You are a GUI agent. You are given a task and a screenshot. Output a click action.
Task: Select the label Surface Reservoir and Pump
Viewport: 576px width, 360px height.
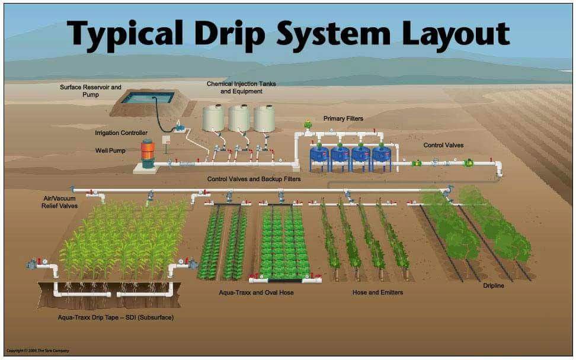tap(90, 91)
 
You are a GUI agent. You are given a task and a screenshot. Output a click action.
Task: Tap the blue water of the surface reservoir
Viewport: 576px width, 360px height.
tap(148, 98)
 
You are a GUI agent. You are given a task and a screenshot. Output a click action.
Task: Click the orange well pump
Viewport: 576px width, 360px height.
tap(148, 154)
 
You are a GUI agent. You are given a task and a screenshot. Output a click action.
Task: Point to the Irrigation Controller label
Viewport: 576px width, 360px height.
tap(121, 133)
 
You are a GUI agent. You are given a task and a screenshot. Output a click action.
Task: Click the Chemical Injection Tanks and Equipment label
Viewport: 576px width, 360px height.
tap(241, 88)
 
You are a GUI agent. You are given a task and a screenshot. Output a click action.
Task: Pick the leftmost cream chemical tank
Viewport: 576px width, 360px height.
tap(213, 118)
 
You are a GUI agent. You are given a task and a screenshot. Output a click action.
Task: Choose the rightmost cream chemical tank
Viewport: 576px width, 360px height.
tap(264, 118)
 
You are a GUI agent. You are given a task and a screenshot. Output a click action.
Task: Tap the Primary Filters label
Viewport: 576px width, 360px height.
tap(343, 118)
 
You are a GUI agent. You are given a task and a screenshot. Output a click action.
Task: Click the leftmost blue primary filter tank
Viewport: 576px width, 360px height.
tap(319, 159)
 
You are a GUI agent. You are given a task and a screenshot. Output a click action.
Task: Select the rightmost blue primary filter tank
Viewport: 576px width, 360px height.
tap(382, 159)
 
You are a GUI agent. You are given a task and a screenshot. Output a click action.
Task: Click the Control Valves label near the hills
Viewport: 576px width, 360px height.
tap(443, 145)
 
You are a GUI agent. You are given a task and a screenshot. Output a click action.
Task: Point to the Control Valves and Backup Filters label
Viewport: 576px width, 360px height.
tap(254, 179)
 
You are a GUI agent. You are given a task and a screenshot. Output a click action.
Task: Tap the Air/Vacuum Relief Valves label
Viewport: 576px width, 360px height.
tap(59, 202)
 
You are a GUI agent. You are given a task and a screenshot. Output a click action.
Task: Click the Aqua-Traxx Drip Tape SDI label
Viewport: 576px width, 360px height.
tap(116, 317)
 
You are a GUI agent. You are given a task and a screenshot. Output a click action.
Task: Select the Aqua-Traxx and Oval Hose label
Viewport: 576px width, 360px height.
tap(256, 292)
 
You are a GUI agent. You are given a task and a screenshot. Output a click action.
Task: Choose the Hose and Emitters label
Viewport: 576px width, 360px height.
tap(377, 292)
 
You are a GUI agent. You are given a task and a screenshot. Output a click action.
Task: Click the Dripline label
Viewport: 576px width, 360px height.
tap(494, 285)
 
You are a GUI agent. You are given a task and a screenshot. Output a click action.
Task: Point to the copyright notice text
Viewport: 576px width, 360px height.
tap(38, 351)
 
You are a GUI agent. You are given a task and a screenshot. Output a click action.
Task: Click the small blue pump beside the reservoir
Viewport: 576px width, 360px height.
tap(180, 127)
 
